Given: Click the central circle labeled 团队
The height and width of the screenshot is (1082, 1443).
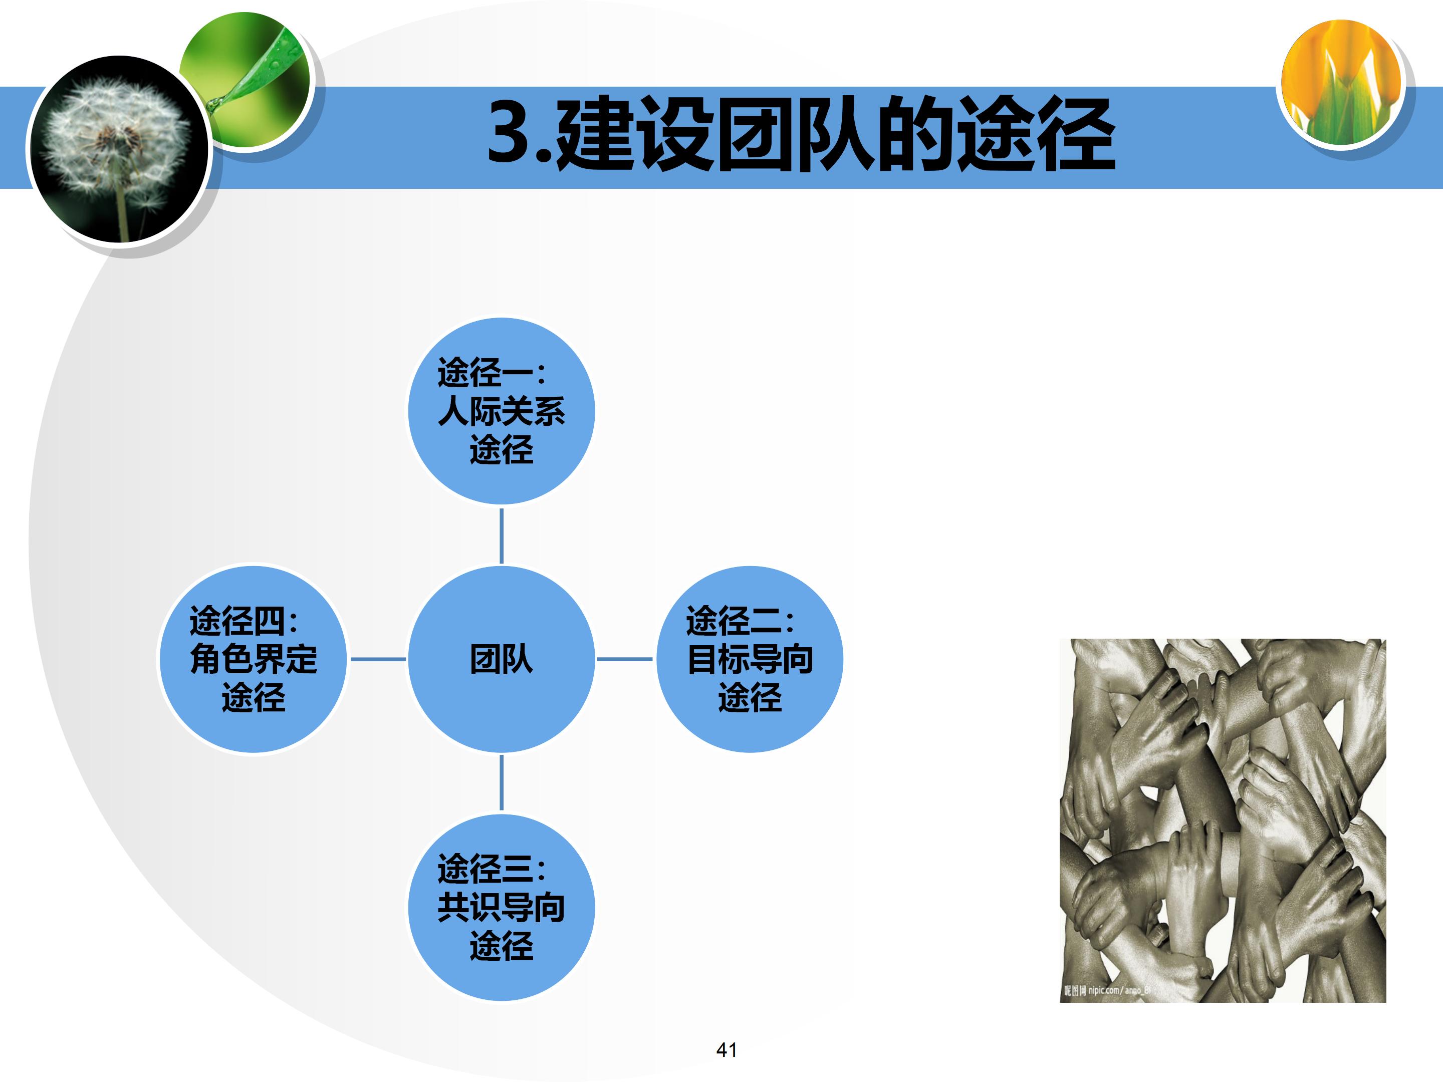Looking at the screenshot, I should [501, 659].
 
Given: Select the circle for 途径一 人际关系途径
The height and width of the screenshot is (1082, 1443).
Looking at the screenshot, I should [501, 411].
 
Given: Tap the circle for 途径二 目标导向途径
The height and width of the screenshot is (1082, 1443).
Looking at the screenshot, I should [750, 659].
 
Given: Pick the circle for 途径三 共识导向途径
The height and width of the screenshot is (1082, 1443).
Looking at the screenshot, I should [501, 907].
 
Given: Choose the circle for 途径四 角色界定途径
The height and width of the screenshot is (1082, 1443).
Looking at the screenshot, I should [253, 659].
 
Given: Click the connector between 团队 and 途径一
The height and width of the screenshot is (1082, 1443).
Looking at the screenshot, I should [501, 535].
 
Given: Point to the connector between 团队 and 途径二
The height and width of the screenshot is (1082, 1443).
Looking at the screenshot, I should [624, 659].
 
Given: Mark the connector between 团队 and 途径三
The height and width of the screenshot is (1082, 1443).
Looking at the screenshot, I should [501, 782].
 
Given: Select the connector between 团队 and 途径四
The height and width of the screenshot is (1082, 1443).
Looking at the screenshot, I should [378, 659].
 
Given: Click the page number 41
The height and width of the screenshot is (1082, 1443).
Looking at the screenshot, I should [727, 1049].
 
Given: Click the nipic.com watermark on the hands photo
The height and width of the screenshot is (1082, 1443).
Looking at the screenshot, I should [1106, 990].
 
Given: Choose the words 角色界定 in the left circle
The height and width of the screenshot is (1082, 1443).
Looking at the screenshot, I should [253, 659].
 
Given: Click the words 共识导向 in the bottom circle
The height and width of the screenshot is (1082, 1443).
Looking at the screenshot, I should [501, 907].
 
